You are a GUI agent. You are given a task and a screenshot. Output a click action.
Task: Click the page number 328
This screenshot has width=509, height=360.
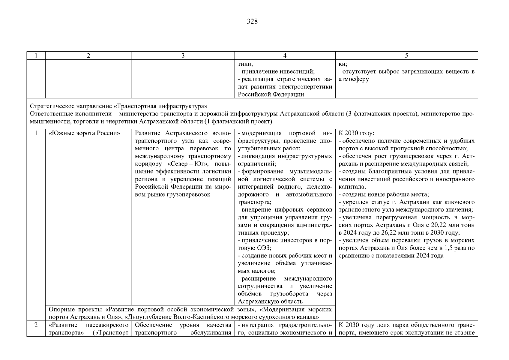tap(252, 21)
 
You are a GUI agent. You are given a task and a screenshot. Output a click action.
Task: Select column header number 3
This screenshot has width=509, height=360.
tap(183, 56)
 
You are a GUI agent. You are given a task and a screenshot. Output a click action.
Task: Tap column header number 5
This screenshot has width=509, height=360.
tap(406, 56)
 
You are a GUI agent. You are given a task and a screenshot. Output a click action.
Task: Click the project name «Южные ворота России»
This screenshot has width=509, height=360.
tap(84, 133)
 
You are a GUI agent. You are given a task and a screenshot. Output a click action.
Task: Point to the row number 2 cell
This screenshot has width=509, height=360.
tap(36, 325)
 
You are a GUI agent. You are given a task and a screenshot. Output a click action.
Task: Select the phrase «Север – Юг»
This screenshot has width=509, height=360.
tap(186, 164)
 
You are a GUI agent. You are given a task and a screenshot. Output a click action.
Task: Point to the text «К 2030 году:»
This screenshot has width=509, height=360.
tap(357, 133)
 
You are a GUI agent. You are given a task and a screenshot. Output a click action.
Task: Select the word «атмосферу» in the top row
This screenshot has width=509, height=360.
tap(354, 79)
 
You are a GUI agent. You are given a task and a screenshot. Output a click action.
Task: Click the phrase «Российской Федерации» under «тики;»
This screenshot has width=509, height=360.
tap(271, 94)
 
